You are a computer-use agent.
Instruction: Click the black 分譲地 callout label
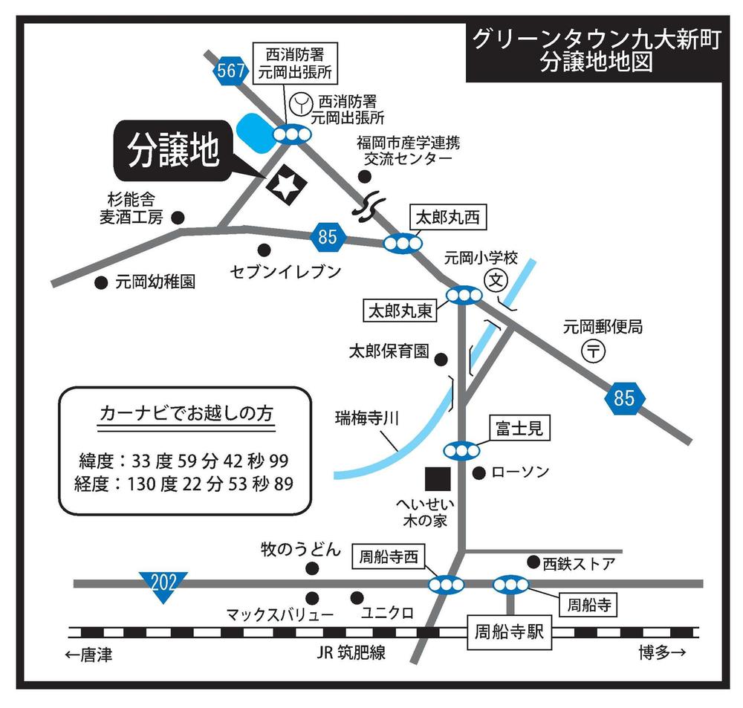pos(174,152)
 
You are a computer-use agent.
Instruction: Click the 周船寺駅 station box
pos(510,632)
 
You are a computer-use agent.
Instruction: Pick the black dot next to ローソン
pos(479,472)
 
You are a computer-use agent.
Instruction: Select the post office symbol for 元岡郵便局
pos(592,351)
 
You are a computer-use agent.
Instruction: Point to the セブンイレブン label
pos(286,272)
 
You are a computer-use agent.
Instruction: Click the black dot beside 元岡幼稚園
pos(101,282)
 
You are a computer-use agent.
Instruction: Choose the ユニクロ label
pos(387,614)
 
